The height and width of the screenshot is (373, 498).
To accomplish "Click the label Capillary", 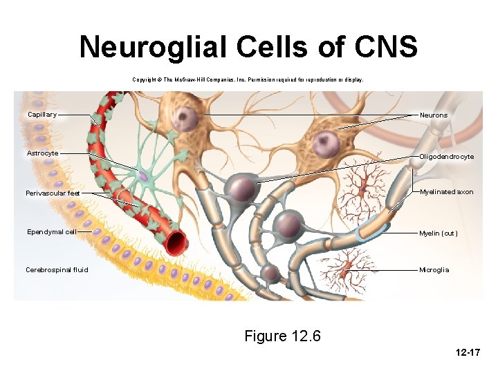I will tap(42, 115).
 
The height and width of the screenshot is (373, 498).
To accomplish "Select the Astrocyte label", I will tap(42, 153).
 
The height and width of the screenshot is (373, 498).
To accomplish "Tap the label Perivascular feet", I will tap(53, 193).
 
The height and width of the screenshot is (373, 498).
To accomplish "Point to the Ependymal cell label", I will tap(51, 232).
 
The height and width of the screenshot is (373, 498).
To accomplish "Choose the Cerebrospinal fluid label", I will tap(57, 270).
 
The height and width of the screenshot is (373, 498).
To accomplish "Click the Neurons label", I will tap(433, 115).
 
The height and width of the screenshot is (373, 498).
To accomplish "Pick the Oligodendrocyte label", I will tap(446, 157).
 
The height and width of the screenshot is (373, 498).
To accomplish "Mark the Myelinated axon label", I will tap(446, 192).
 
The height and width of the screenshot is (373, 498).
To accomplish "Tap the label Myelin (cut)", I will tap(438, 233).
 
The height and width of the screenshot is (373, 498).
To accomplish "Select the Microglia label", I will tap(434, 270).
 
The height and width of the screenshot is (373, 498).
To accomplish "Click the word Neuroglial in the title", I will tap(154, 48).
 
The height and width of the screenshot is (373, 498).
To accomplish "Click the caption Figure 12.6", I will tap(282, 336).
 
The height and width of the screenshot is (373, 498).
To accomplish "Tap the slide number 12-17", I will tap(468, 353).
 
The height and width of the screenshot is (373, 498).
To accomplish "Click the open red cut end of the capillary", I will tap(176, 241).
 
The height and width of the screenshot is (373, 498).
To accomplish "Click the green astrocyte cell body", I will tap(142, 177).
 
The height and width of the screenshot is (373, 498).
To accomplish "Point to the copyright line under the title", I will tap(248, 80).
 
